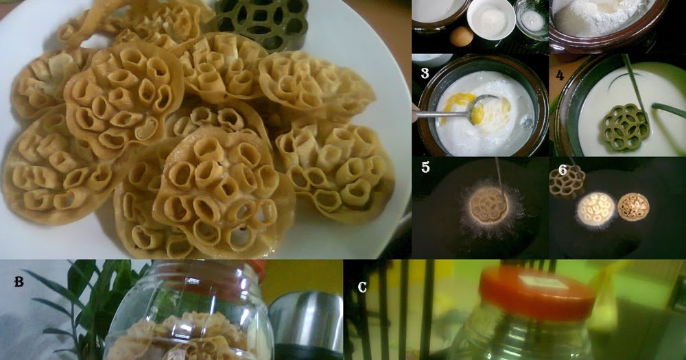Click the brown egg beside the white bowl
click(462, 36)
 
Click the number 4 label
click(560, 73)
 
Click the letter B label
click(19, 281)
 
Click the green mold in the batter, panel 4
click(625, 127)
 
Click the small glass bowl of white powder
click(531, 20)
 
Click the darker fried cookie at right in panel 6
click(632, 206)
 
